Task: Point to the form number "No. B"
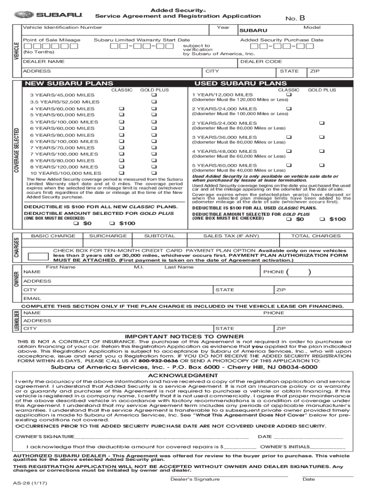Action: tap(295, 18)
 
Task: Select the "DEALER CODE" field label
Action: tap(261, 62)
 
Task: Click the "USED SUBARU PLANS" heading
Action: tap(234, 84)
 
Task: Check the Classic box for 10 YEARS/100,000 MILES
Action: tap(121, 173)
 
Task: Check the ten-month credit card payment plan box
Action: tap(38, 255)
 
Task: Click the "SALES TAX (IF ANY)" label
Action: tap(231, 236)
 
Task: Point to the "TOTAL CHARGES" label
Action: tap(316, 236)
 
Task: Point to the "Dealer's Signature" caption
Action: tap(195, 479)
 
